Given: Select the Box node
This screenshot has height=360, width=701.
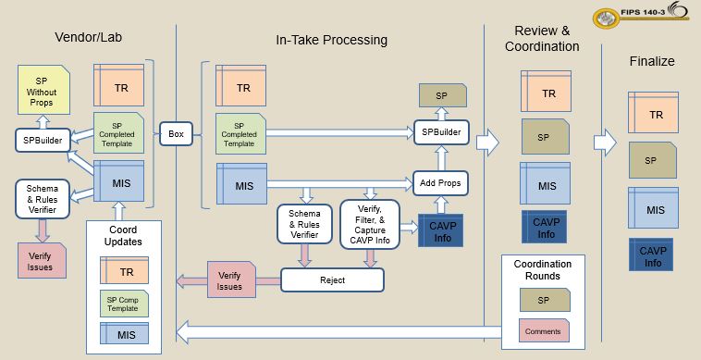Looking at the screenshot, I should pyautogui.click(x=176, y=134).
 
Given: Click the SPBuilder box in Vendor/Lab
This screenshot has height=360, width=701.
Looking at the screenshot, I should pyautogui.click(x=40, y=140).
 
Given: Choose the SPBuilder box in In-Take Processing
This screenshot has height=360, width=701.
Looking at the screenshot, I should pyautogui.click(x=440, y=133).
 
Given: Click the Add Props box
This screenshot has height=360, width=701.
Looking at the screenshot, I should pyautogui.click(x=440, y=181).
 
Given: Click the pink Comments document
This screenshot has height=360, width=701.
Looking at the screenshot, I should pyautogui.click(x=544, y=329).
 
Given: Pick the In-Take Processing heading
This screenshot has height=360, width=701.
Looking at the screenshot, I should pyautogui.click(x=331, y=40).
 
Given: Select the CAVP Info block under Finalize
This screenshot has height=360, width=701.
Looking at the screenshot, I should pyautogui.click(x=653, y=255).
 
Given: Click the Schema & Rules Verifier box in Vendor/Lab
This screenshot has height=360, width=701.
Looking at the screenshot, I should pyautogui.click(x=40, y=198).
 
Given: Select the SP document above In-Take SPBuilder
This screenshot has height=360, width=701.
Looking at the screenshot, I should pyautogui.click(x=442, y=95).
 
